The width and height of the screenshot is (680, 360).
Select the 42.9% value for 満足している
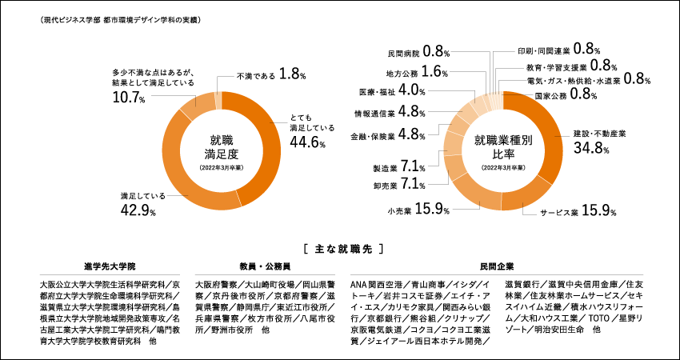138,210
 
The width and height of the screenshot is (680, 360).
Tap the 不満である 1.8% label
271,74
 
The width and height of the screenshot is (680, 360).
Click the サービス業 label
558,213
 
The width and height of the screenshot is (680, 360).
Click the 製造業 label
386,168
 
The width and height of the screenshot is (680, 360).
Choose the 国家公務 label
549,95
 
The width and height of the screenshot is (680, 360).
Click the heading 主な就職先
339,248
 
